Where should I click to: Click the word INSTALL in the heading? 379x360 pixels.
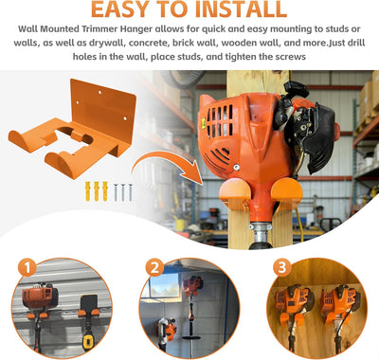(241, 9)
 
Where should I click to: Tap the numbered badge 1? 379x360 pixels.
(27, 267)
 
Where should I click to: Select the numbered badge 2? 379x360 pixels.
(154, 268)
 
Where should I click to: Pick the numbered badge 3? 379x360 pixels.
(281, 267)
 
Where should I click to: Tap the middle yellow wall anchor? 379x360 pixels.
(96, 191)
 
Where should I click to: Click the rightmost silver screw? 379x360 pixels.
(130, 192)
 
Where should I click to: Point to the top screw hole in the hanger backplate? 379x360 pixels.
(99, 93)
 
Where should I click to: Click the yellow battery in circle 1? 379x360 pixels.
(88, 342)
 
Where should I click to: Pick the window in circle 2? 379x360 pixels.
(164, 285)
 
